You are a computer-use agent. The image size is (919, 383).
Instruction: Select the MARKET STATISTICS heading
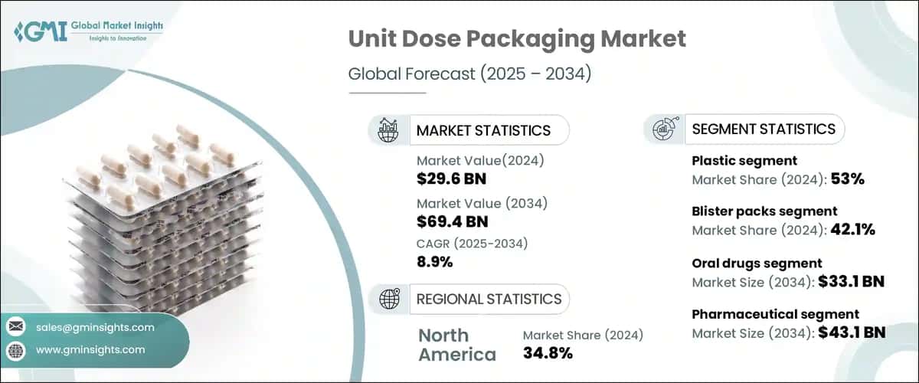click(482, 130)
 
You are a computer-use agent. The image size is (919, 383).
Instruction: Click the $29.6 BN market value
click(451, 179)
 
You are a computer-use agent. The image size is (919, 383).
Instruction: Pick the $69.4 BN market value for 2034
click(452, 222)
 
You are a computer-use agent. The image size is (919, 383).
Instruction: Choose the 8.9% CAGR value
click(435, 261)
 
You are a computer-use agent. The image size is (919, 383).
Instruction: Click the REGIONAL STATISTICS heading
click(489, 299)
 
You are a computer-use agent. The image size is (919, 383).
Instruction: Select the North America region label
click(457, 345)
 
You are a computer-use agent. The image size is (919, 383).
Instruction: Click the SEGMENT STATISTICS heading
click(764, 129)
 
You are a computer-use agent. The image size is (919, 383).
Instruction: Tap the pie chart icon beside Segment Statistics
click(664, 129)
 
